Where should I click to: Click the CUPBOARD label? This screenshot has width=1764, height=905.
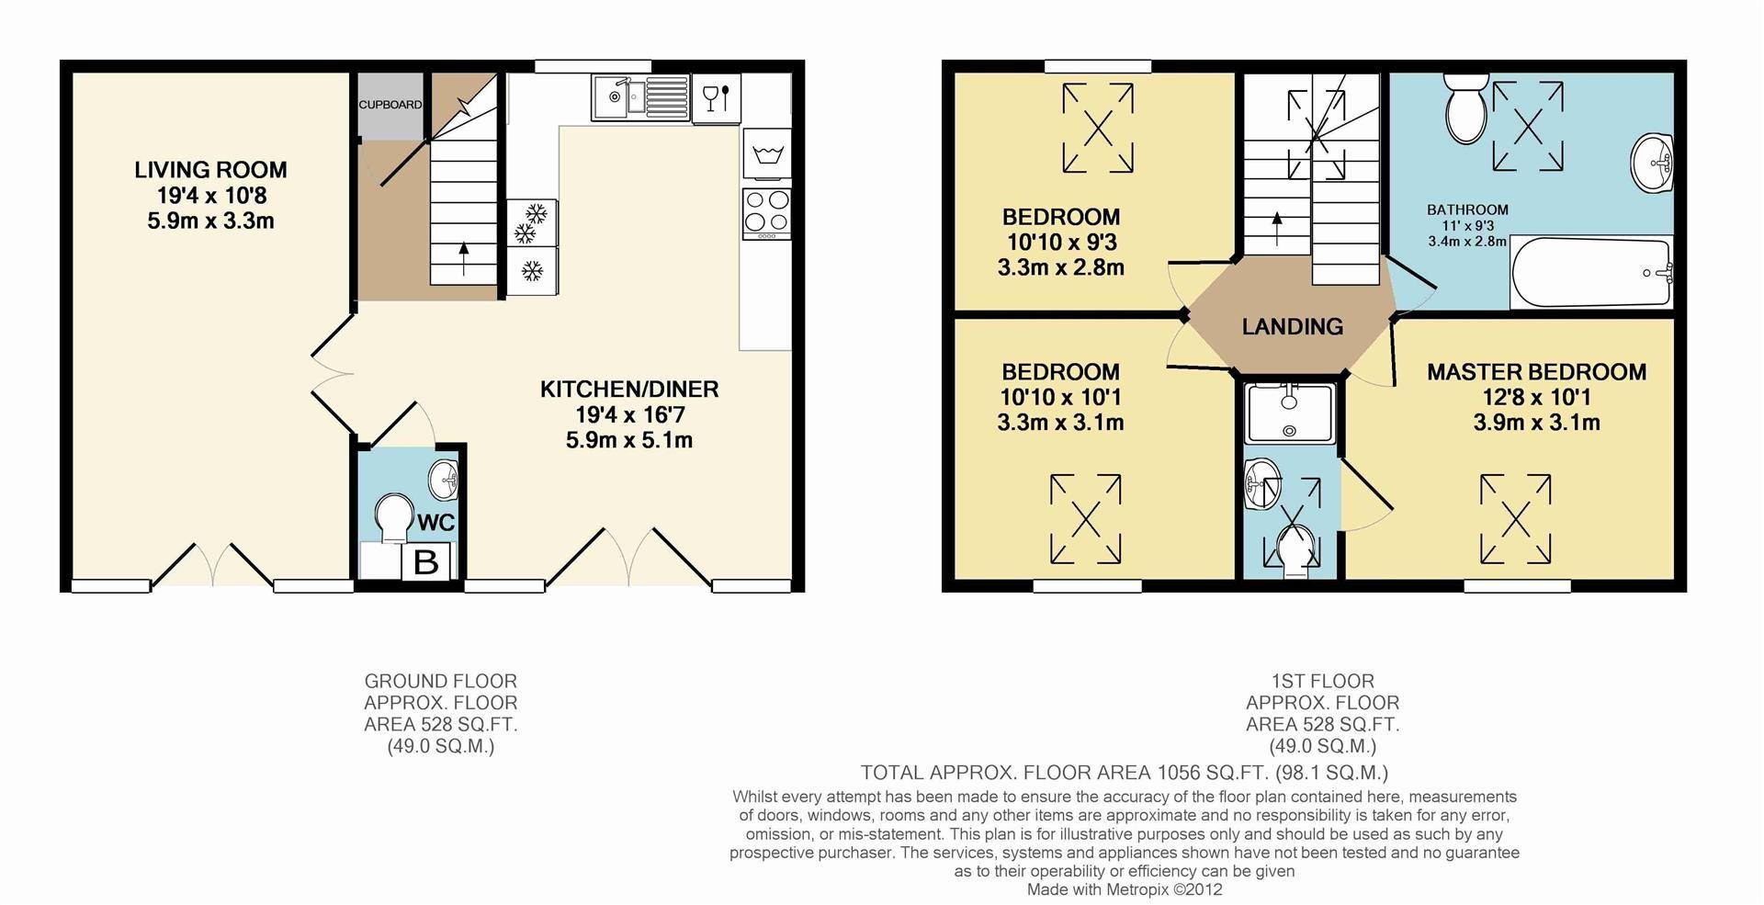tap(390, 105)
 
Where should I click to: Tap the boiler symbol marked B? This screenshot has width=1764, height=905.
tap(425, 561)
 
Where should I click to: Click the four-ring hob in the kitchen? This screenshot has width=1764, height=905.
tap(766, 212)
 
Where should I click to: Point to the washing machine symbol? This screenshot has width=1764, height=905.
tap(766, 153)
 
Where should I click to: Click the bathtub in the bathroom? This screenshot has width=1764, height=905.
tap(1590, 273)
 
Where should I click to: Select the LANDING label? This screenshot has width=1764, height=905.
tap(1292, 327)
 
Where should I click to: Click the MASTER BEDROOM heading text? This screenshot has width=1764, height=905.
tap(1535, 372)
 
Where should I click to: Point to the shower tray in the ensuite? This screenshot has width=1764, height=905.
tap(1289, 413)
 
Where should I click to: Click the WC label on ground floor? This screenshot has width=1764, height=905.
tap(435, 523)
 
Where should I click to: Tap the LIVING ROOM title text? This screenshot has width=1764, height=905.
tap(210, 170)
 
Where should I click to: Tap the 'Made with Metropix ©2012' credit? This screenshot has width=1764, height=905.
tap(1124, 889)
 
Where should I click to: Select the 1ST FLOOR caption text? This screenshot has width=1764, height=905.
tap(1322, 681)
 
